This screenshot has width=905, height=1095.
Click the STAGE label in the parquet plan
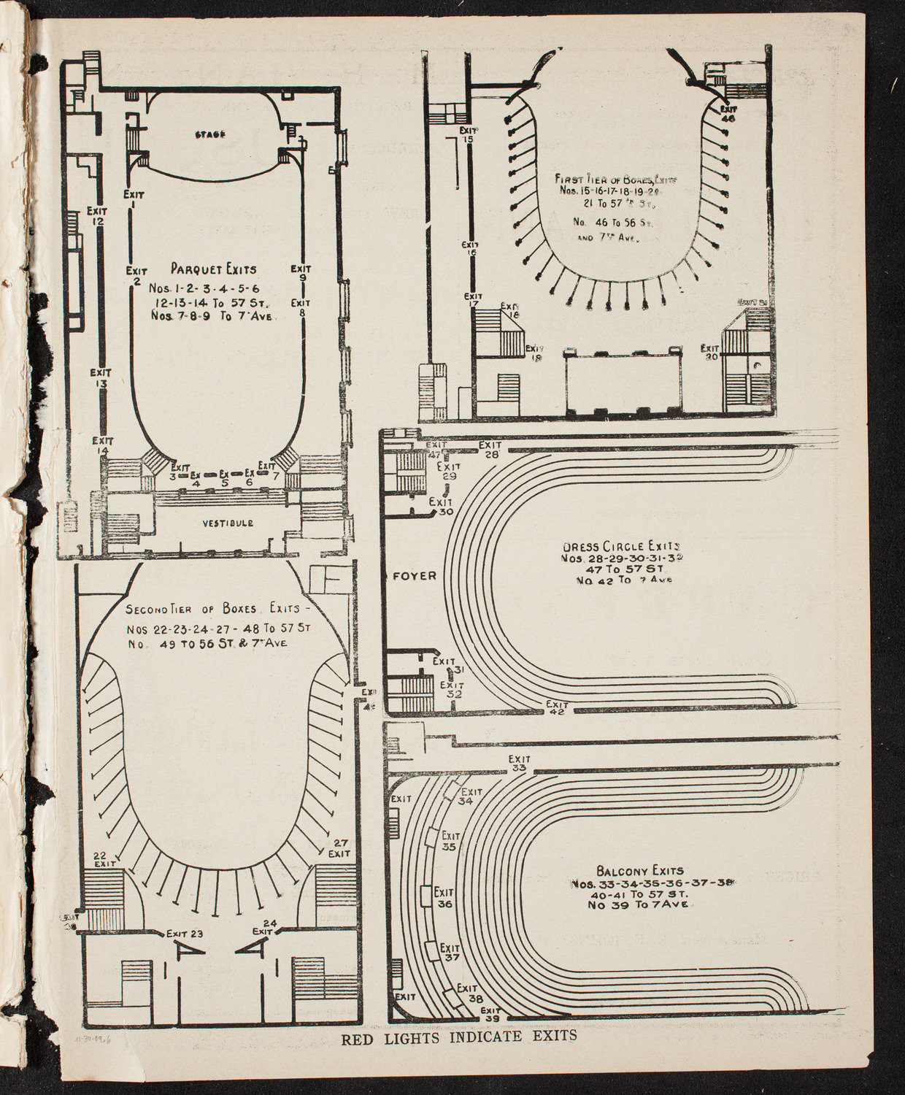pos(209,134)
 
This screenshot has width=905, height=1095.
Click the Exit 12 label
pos(97,216)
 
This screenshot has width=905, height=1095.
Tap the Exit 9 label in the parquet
pos(301,273)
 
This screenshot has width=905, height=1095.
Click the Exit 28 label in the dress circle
pos(489,449)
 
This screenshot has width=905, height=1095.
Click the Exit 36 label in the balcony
pos(444,898)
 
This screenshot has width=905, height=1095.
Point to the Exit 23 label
pos(184,933)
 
